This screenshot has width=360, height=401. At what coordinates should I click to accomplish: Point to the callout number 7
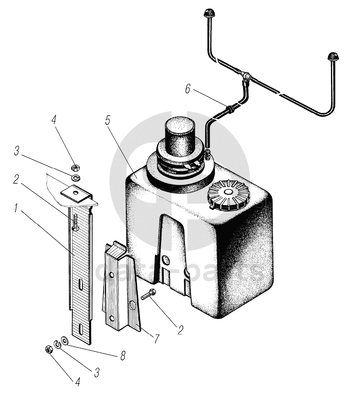click(156, 339)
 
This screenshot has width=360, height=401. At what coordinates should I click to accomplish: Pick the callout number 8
click(122, 355)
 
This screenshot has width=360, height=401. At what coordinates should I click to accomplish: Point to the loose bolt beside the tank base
click(148, 295)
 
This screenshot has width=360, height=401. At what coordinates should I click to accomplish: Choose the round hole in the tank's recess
click(166, 259)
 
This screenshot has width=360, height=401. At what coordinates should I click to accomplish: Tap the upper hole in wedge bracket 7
click(111, 275)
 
